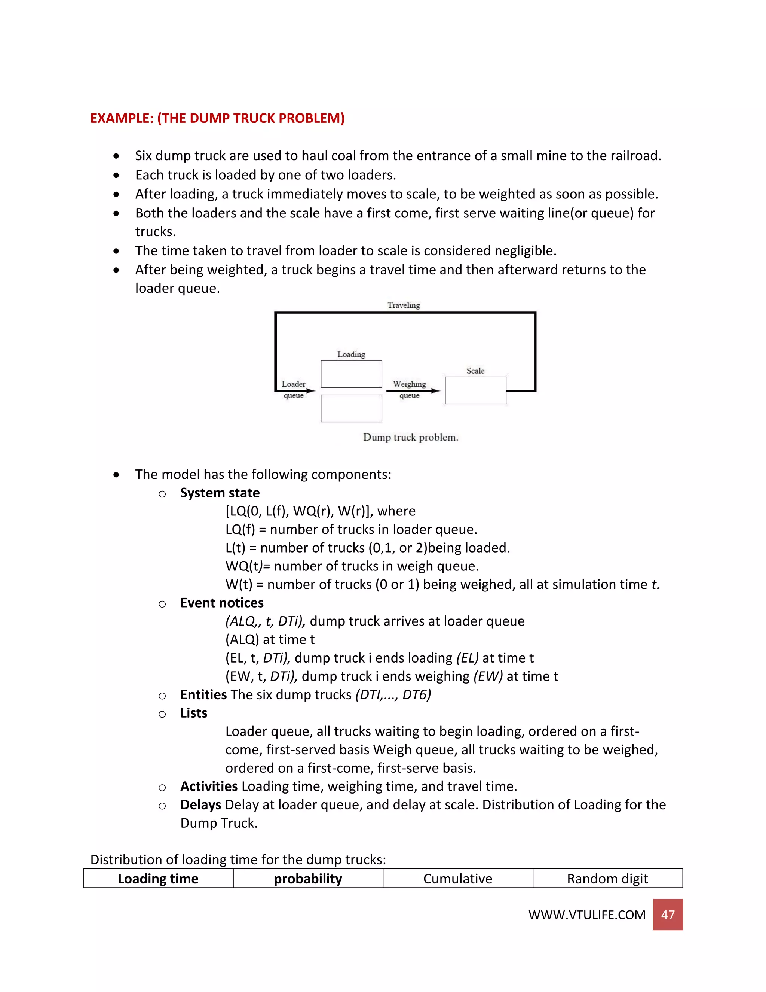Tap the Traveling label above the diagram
coord(404,305)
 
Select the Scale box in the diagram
coord(475,390)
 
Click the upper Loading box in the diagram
coord(351,374)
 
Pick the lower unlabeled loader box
coord(351,408)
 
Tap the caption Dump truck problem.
coord(410,437)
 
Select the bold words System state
coord(220,493)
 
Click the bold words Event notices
coord(221,603)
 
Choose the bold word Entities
coord(203,694)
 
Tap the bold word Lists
coord(194,713)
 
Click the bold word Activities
coord(209,786)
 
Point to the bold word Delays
coord(200,804)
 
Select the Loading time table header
coord(158,879)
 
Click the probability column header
coord(308,879)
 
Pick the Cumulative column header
coord(457,879)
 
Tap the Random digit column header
coord(607,879)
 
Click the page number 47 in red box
coord(668,915)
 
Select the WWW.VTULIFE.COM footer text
coord(586,915)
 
